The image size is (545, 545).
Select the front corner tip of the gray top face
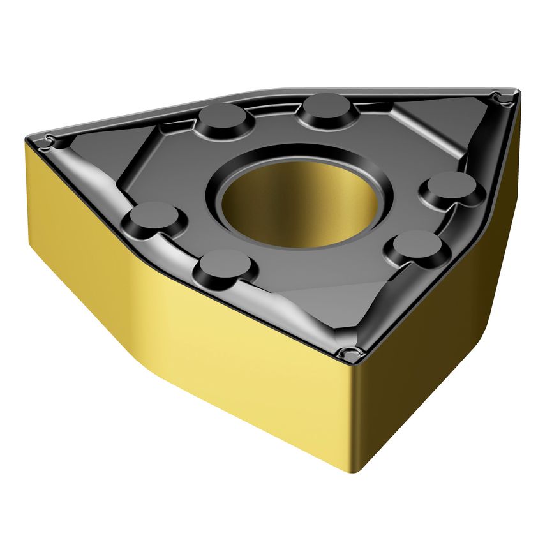350,353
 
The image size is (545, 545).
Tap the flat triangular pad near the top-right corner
440,124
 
